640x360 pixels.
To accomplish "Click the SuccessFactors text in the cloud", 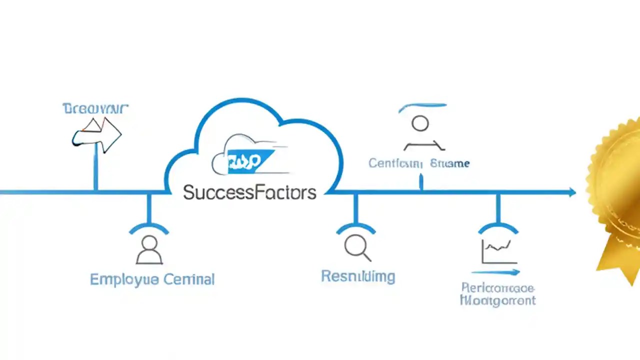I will click(249, 192).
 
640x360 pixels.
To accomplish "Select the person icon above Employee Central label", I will click(149, 250).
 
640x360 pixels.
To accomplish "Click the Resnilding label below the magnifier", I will click(358, 276).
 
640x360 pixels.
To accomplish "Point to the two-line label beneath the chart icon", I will click(497, 294).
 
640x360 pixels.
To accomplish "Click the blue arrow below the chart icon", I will click(495, 272).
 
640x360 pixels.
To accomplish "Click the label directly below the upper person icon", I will click(419, 163).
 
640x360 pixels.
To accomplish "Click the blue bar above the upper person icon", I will click(422, 106).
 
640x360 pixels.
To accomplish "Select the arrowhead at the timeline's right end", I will click(571, 192).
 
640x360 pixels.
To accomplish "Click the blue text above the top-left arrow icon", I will click(95, 108).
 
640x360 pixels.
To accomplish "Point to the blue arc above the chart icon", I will click(498, 227).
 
